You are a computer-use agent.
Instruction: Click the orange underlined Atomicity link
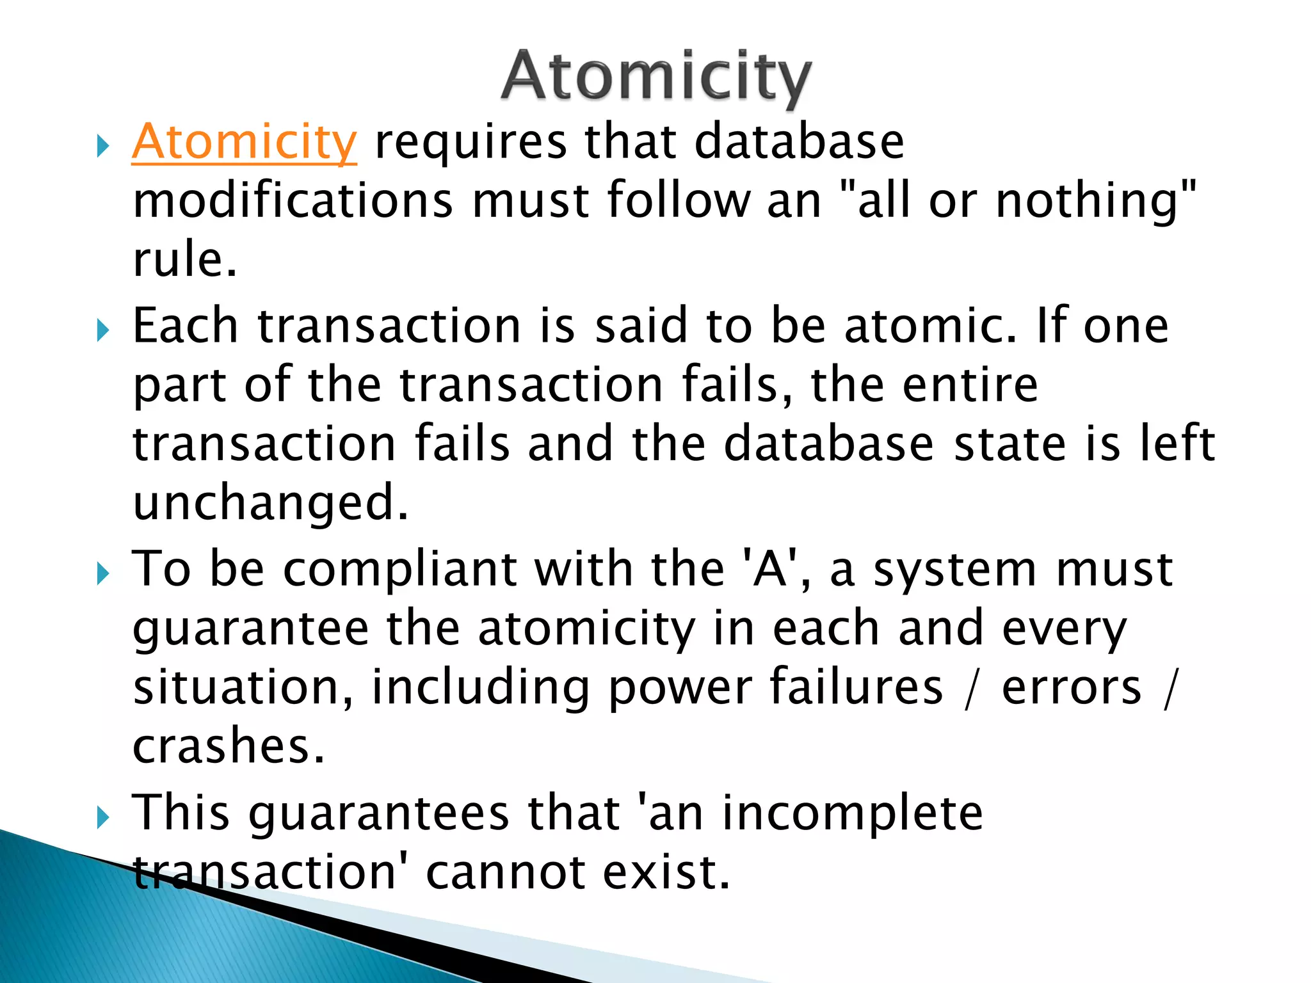point(244,142)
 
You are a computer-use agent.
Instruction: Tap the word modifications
point(293,201)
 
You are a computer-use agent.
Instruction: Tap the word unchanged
point(269,503)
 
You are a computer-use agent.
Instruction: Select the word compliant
point(399,569)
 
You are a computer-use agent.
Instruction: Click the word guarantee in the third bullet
point(250,628)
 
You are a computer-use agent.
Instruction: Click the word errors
point(1071,687)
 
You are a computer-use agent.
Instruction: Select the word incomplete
point(852,813)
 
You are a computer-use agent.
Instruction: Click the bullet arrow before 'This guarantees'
point(102,817)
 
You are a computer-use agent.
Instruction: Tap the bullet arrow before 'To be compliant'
point(102,573)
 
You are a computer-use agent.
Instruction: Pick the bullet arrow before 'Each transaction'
point(102,330)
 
